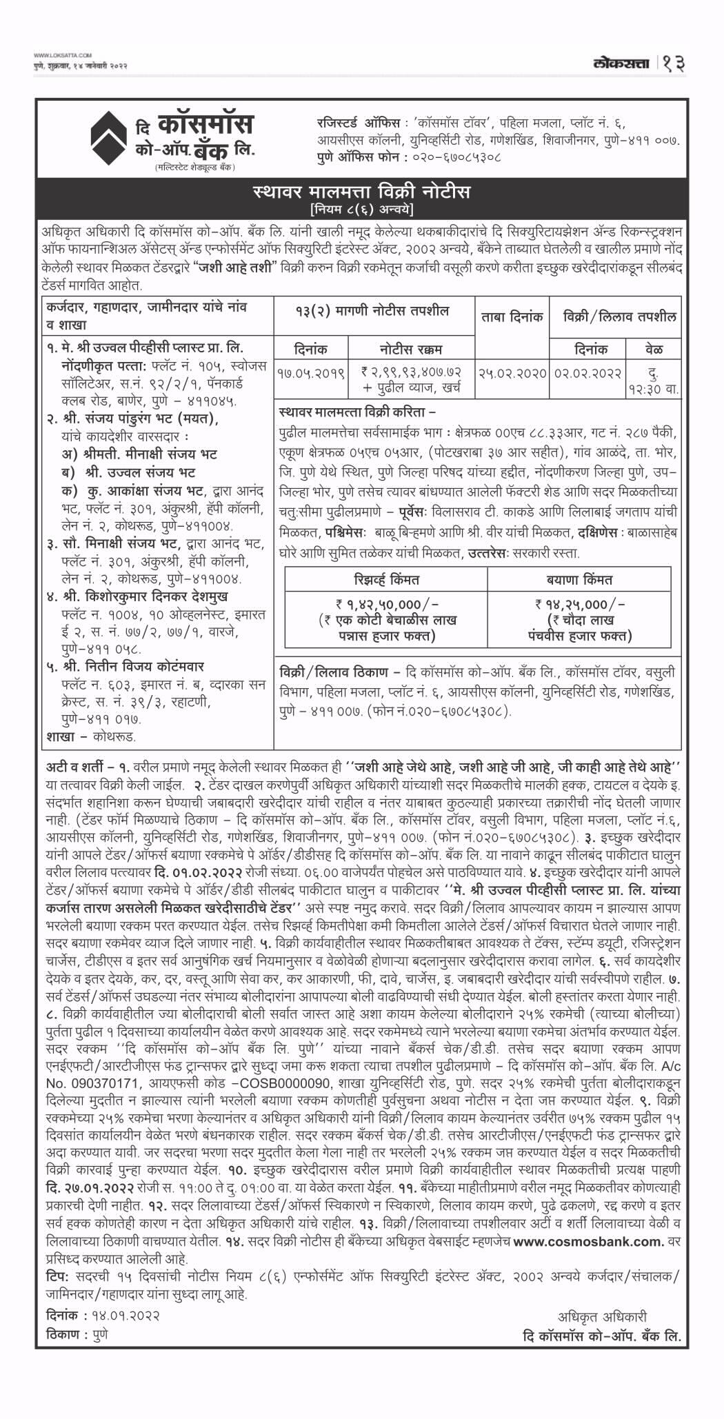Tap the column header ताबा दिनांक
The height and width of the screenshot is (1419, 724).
512,317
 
